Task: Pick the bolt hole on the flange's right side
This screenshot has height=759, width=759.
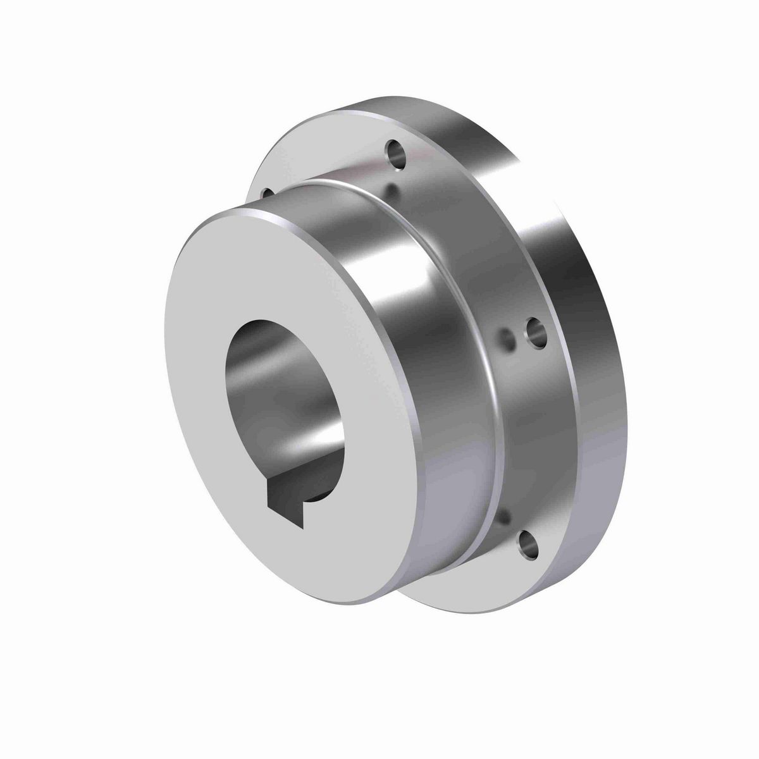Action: click(x=536, y=331)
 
